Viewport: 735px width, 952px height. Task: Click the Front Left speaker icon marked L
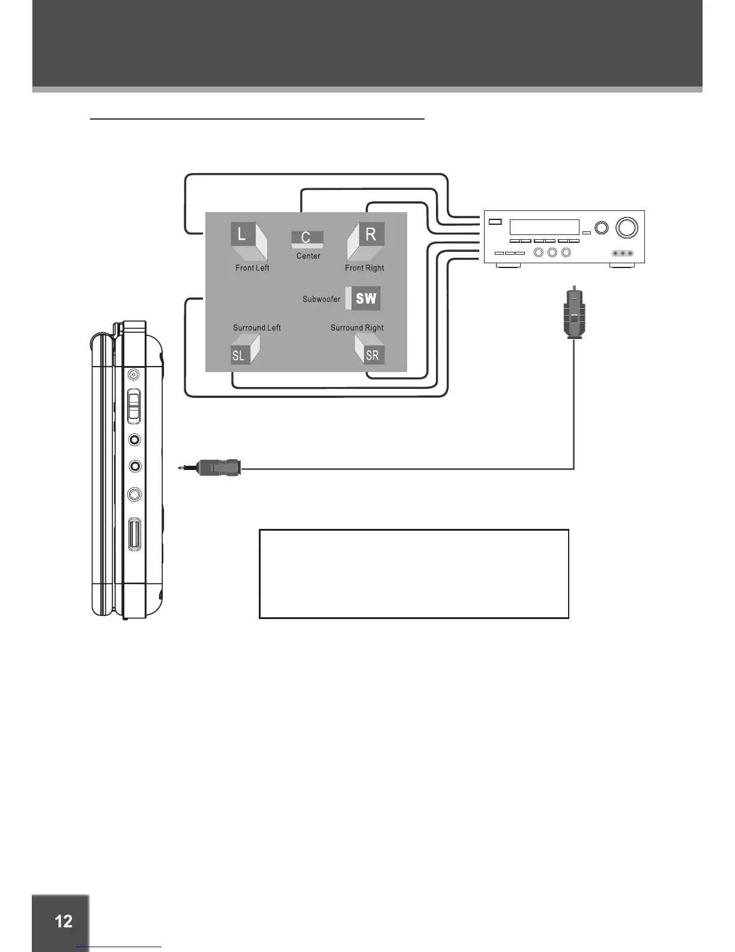(x=248, y=240)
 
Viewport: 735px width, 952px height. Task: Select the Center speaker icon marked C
(x=307, y=239)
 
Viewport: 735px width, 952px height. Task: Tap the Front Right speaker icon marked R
(x=366, y=240)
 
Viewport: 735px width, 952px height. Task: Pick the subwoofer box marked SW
(x=364, y=298)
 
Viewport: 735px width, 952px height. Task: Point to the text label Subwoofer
(x=321, y=299)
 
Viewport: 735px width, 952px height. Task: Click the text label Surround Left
(x=257, y=328)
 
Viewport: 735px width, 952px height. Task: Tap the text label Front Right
(x=364, y=268)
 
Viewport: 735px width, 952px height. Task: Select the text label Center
(x=309, y=256)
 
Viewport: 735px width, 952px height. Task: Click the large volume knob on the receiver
(x=626, y=228)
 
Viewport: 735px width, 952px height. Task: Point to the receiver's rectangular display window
(x=544, y=227)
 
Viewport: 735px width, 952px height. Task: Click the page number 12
(x=63, y=921)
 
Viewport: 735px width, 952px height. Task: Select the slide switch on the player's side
(x=135, y=406)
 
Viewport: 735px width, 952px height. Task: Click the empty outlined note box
(x=414, y=573)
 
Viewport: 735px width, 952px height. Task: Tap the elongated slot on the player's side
(x=135, y=534)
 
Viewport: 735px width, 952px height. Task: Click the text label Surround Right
(x=357, y=328)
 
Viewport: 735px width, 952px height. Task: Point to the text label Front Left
(x=252, y=268)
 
